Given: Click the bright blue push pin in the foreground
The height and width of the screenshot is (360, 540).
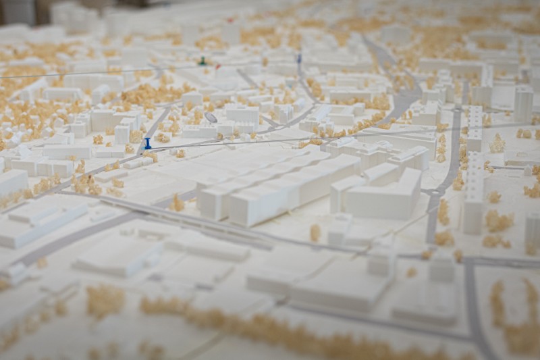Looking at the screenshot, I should (x=148, y=143).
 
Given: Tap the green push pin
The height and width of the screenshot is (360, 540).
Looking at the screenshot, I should (x=202, y=61).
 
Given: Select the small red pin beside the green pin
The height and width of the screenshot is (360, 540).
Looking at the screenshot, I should (x=217, y=66).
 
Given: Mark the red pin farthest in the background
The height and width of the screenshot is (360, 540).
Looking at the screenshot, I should (x=230, y=20).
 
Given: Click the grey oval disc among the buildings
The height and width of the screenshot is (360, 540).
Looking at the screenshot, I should (x=211, y=118).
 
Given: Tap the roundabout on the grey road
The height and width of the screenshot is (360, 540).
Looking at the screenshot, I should (x=431, y=196).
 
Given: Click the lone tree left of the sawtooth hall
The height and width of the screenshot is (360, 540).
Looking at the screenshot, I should (x=178, y=202).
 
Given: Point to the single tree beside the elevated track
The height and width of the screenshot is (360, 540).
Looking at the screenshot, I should (x=315, y=232).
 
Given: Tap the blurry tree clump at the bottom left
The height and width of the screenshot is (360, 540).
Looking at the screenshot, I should (x=105, y=301).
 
